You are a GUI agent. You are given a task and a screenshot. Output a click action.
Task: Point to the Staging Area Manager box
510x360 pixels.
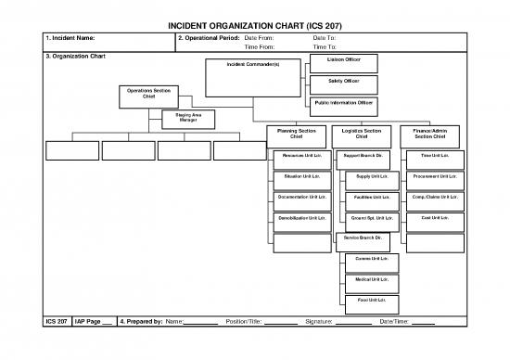click(187, 118)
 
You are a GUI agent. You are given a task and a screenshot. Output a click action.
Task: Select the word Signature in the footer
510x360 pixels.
click(319, 322)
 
